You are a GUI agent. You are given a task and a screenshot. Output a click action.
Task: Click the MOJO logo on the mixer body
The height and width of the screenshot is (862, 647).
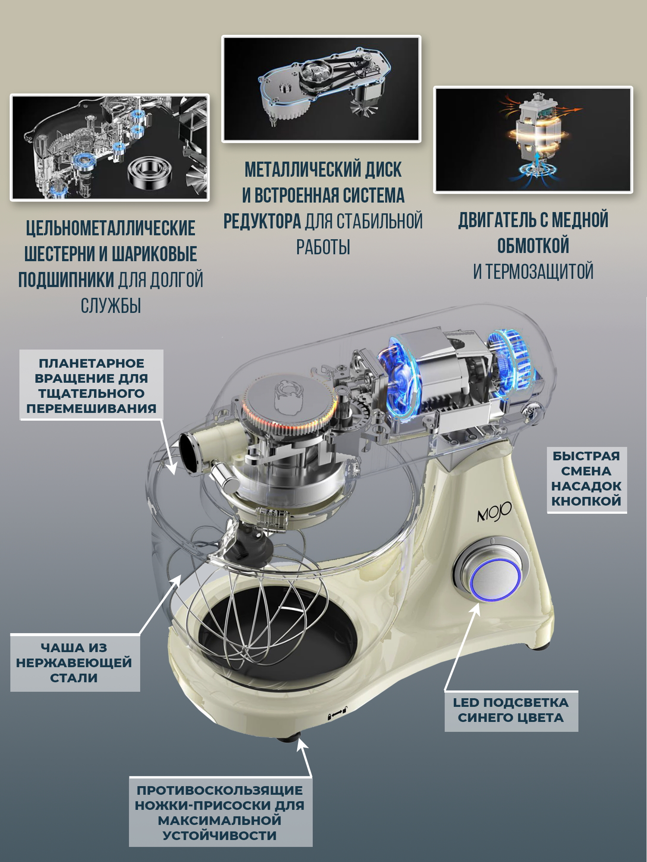point(494,512)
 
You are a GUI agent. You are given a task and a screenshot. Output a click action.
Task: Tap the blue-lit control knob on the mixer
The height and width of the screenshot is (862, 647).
point(495,579)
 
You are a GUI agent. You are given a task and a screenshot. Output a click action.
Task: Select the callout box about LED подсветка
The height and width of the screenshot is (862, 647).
point(511,710)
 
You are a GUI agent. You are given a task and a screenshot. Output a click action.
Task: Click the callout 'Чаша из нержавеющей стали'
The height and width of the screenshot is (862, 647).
point(75,663)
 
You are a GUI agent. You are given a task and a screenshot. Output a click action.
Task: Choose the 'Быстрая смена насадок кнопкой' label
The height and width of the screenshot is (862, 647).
point(587,479)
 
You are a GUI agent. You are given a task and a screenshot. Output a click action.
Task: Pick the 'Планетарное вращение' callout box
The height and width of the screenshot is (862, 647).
point(91,385)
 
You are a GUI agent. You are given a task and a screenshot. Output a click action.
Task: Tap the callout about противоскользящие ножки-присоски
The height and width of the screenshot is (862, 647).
point(220,812)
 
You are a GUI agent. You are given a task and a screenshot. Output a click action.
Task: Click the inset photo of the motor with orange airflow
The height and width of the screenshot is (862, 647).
point(533,140)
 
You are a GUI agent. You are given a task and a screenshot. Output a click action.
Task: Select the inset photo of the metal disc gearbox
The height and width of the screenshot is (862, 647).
point(321,89)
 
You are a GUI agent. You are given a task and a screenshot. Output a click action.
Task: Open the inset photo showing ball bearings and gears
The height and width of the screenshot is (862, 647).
point(110,147)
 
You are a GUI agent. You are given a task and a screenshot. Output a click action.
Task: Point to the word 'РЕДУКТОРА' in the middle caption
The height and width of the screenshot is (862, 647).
point(262,222)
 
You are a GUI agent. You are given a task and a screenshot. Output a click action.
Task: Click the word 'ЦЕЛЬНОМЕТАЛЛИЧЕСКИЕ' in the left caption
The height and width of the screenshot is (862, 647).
point(111,228)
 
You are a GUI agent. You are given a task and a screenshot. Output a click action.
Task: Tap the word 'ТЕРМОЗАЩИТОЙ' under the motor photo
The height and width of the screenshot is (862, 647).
point(540,272)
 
